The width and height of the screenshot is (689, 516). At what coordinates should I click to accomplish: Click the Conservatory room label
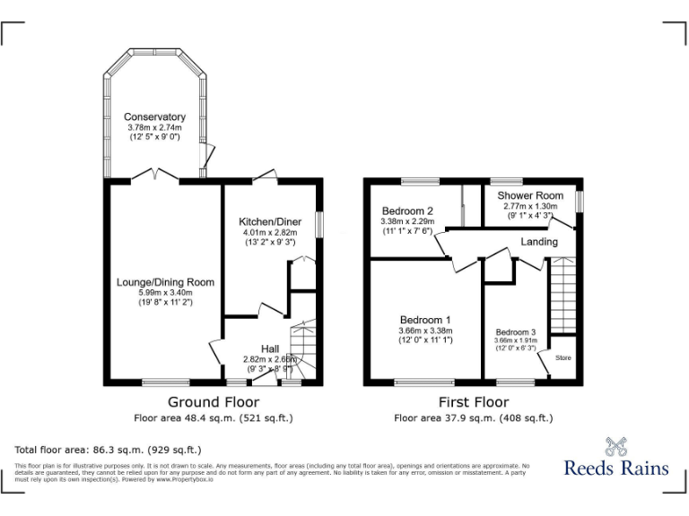(154, 117)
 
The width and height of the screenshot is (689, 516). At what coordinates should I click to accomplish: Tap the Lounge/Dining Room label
(165, 282)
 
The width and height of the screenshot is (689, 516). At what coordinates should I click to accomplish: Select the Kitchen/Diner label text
(269, 221)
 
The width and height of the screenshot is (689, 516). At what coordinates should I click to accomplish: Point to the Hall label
(270, 348)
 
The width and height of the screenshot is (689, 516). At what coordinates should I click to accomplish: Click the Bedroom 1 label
(425, 320)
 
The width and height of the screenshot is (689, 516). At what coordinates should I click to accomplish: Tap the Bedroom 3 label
(515, 331)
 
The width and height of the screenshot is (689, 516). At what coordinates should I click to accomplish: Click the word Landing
(539, 242)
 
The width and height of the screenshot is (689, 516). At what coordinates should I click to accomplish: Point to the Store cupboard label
(563, 358)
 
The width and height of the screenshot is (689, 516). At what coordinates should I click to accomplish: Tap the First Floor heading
(473, 402)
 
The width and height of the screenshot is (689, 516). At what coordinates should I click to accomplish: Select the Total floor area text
(108, 449)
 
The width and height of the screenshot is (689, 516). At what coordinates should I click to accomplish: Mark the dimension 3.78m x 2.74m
(154, 128)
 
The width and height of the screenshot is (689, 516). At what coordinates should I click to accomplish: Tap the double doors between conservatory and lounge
(159, 176)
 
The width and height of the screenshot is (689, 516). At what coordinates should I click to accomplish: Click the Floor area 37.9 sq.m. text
(473, 417)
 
